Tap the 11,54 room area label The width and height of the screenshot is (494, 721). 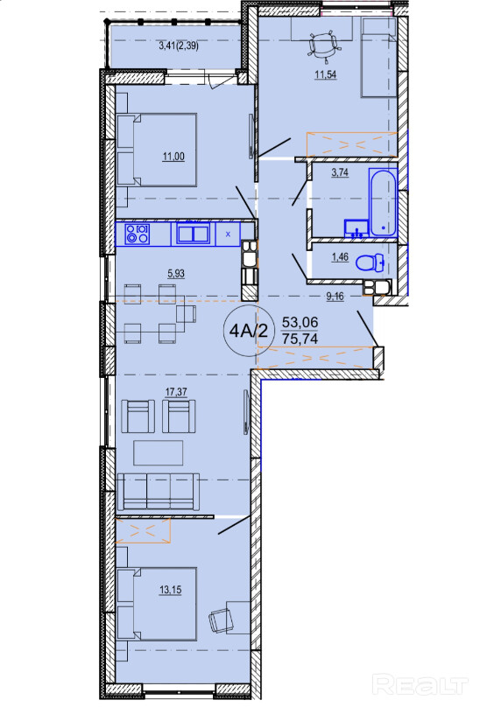[x=325, y=74]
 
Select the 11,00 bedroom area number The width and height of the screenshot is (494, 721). [x=173, y=157]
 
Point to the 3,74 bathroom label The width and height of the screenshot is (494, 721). [x=340, y=172]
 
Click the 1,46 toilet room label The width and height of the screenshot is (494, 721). [x=340, y=256]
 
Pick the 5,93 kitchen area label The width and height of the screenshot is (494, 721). [x=176, y=274]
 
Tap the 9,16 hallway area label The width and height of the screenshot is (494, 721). [x=335, y=297]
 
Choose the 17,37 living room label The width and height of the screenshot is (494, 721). [x=176, y=392]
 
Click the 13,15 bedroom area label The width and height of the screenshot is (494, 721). [x=170, y=590]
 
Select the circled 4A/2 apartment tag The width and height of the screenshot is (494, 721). [x=249, y=330]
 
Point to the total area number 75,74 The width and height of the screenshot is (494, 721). [x=300, y=339]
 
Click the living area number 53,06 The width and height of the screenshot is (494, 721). [x=300, y=322]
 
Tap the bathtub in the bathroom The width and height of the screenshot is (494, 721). [x=383, y=202]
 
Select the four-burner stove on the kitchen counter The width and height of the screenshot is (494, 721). [x=138, y=234]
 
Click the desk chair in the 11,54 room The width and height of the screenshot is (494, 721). [x=325, y=45]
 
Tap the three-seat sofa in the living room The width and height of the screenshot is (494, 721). [x=159, y=492]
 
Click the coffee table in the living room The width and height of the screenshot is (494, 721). [x=159, y=453]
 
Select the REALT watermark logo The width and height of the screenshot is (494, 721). [x=420, y=684]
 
